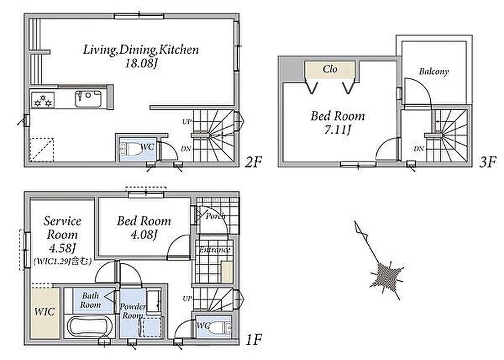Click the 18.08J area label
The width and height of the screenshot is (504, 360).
[141, 63]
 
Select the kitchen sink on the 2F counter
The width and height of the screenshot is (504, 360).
[88, 99]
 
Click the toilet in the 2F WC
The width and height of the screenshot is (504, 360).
[131, 149]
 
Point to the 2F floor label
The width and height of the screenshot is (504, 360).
[254, 162]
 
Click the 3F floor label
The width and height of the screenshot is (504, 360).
[488, 162]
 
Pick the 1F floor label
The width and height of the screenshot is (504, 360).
[254, 339]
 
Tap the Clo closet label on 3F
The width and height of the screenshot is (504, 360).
[330, 69]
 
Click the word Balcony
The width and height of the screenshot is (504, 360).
[433, 72]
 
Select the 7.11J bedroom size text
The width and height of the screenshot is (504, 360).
[338, 130]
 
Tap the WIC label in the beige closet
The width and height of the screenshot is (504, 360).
[45, 311]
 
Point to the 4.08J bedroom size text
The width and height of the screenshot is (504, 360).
[144, 235]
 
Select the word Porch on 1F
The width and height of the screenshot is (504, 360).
[216, 216]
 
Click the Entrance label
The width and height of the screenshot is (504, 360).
[214, 250]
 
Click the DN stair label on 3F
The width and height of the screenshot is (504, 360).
[419, 148]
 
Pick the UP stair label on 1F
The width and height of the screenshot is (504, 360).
[187, 298]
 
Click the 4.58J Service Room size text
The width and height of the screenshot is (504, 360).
[62, 248]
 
